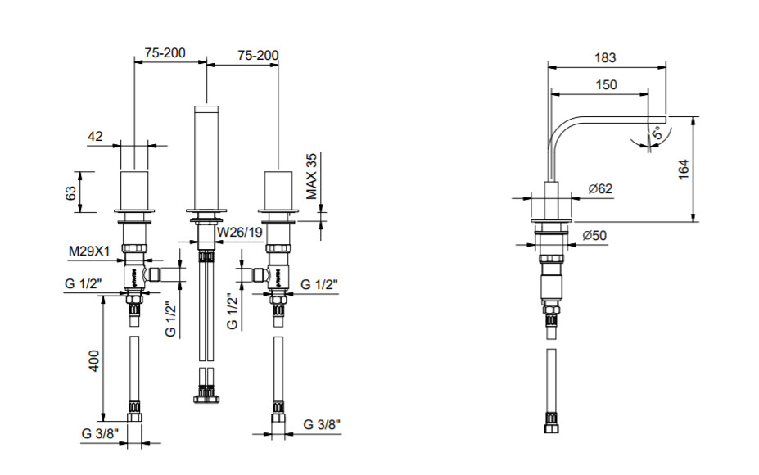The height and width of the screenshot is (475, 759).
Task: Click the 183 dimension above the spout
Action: [605, 58]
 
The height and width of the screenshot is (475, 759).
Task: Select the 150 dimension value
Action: [606, 84]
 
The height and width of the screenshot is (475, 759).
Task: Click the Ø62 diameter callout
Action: [600, 189]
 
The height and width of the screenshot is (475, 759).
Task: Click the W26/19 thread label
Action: [238, 231]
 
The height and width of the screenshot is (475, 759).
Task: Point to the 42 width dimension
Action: [95, 137]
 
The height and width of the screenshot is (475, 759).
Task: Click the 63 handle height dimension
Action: [70, 192]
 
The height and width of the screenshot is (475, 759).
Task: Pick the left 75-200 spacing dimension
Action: [165, 53]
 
